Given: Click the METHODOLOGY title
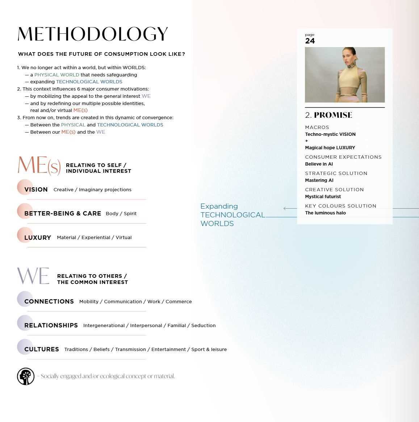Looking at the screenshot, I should (93, 34).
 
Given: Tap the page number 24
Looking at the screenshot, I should (310, 41).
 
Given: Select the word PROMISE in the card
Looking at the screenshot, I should (333, 115).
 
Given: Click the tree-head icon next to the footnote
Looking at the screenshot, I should (26, 376).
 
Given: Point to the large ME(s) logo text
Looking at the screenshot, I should (39, 165).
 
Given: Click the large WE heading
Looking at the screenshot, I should (33, 276).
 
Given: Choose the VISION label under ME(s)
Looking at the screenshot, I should (36, 189).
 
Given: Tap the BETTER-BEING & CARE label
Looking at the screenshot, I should (63, 213).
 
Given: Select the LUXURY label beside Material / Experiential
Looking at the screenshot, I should (38, 238).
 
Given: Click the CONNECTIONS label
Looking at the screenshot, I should (49, 301).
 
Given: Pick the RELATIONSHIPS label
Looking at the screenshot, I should (51, 325).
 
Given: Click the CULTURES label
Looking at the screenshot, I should (42, 349).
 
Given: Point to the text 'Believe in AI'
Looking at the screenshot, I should (319, 164).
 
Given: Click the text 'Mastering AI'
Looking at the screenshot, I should (319, 180).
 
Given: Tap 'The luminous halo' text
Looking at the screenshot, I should (325, 213).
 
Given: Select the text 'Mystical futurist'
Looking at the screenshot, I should (323, 197).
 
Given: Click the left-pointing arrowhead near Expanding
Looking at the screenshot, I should (285, 208).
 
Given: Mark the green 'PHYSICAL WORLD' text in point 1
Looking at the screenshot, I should (56, 75).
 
